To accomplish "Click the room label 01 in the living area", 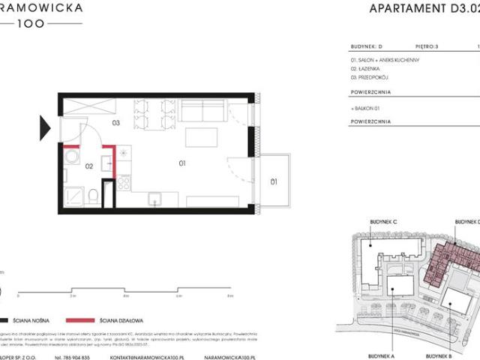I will (181, 162).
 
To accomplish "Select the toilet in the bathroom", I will (91, 196).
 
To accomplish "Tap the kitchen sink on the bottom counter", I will (155, 199).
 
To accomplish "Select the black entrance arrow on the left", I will (45, 124).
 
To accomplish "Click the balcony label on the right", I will (274, 181).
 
